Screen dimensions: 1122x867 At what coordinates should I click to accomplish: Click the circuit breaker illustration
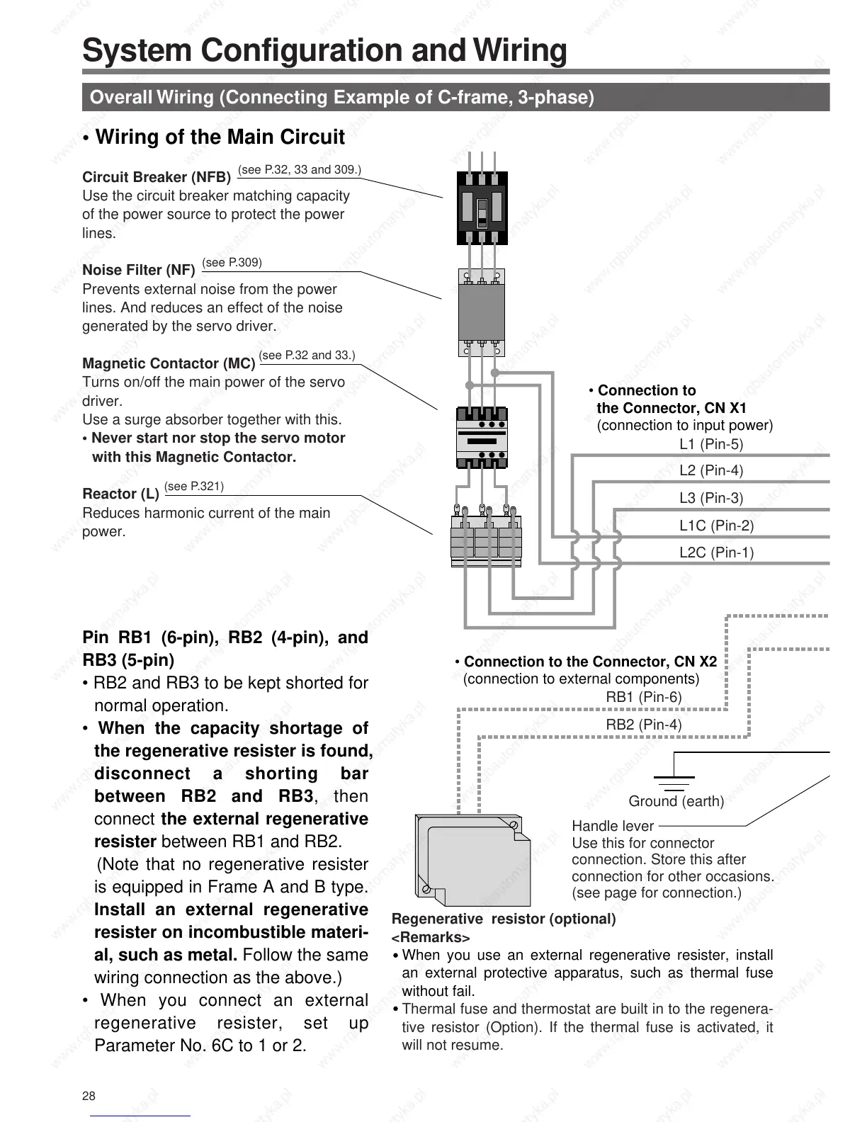482,208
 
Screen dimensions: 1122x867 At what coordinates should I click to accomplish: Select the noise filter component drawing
482,312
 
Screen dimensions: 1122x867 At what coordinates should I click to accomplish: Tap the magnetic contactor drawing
482,437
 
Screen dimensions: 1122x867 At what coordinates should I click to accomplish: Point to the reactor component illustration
486,536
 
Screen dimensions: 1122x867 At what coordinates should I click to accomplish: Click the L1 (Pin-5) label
711,444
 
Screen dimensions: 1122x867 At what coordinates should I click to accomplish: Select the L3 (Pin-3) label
711,498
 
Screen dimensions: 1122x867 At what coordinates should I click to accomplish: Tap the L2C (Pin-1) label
716,552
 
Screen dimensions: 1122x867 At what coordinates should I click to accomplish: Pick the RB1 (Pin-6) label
643,697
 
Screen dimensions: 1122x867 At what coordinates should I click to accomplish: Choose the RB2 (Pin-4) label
643,725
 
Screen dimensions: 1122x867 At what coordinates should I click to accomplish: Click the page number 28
89,1096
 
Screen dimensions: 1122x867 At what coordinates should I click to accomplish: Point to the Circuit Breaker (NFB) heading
157,177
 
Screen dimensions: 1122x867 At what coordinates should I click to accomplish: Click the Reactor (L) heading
120,494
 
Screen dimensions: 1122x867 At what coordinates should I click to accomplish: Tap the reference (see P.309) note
232,263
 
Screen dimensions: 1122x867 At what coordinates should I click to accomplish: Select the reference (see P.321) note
194,486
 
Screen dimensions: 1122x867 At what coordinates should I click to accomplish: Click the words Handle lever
613,826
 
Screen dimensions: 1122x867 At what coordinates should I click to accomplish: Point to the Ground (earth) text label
676,801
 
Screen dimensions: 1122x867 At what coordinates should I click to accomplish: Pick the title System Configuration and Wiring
324,51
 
